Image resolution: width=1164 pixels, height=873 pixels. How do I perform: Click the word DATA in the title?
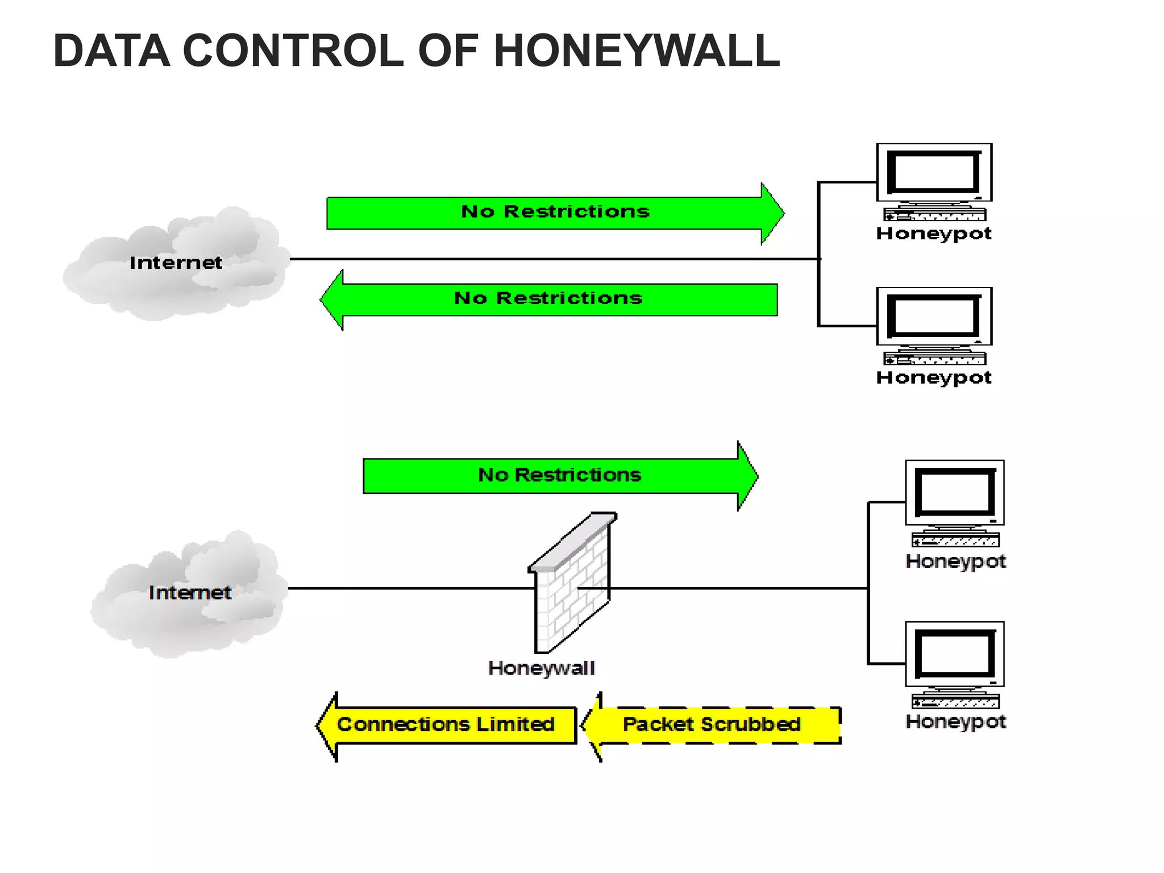click(111, 51)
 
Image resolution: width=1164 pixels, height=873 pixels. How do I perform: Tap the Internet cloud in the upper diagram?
click(176, 263)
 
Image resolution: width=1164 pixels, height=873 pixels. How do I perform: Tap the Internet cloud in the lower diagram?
click(190, 593)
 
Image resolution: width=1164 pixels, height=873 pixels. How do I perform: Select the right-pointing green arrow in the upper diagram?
click(555, 213)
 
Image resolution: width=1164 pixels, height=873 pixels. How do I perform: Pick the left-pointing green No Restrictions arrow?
click(548, 300)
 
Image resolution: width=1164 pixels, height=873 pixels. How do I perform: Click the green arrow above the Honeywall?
click(560, 476)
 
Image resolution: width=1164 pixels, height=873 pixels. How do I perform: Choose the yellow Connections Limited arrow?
click(446, 725)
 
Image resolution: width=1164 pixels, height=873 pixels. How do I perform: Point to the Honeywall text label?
click(541, 668)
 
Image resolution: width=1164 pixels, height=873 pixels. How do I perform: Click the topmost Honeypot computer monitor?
click(934, 173)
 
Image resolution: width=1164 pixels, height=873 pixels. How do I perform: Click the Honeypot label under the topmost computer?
click(934, 234)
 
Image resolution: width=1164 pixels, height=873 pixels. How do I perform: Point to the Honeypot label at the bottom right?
click(955, 722)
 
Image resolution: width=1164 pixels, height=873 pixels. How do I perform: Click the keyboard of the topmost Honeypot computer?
click(934, 215)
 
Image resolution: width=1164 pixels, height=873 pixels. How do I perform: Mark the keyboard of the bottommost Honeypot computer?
click(955, 702)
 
